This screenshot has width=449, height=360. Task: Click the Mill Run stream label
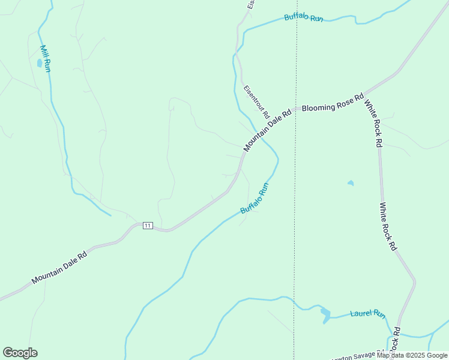pos(45,58)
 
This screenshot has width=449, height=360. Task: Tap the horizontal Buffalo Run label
pos(304,17)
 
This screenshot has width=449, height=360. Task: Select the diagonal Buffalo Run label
pos(254,199)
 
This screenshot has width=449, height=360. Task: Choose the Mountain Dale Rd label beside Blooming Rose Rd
pos(267,129)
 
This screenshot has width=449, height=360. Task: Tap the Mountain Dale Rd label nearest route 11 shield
pos(59,266)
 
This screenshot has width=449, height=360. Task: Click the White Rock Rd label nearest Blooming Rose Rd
pos(373,123)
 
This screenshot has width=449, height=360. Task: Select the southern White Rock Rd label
pos(388,226)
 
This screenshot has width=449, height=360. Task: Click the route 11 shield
pos(148,226)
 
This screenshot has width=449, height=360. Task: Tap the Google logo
pos(20,353)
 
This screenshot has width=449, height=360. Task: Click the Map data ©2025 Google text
pos(412,355)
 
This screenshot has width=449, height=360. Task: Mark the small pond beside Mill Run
pos(40,62)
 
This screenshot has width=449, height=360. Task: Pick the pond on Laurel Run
pos(325,314)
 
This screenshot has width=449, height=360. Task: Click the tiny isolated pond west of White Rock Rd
pos(351,183)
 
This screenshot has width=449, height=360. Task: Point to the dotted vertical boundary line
pos(295,180)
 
